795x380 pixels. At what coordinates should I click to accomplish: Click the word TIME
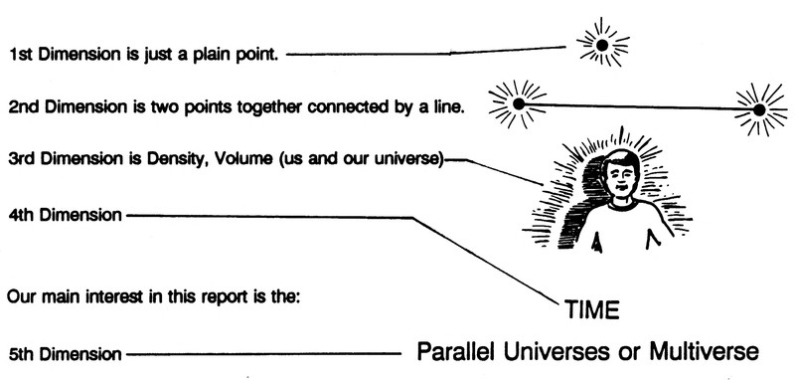(x=592, y=309)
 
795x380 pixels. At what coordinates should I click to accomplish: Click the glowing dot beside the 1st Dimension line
(x=602, y=45)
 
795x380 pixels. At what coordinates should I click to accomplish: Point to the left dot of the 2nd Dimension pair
(x=519, y=104)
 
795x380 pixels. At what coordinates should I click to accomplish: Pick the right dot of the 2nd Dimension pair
(x=759, y=109)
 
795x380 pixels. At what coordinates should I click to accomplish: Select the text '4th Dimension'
(x=66, y=215)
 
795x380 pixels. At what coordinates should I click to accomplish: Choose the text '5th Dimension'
(x=66, y=354)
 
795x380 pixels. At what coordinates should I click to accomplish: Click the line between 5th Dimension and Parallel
(x=263, y=354)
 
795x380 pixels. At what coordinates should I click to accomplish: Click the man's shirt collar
(x=622, y=205)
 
